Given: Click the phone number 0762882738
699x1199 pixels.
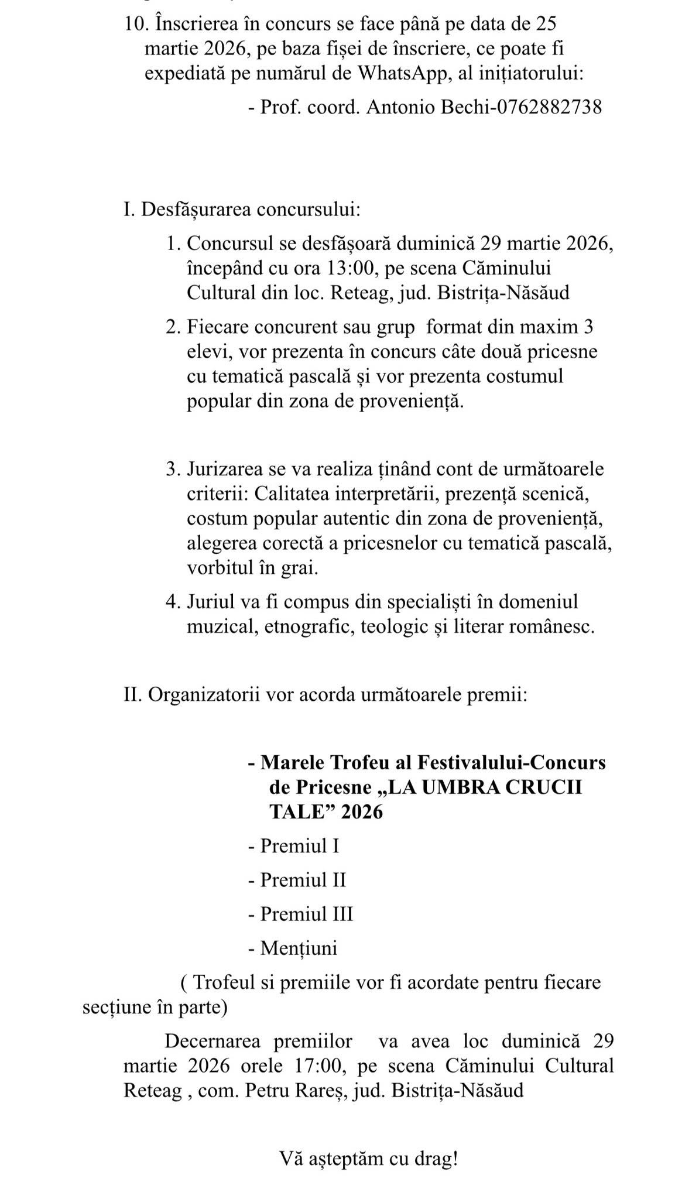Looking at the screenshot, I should coord(549,107).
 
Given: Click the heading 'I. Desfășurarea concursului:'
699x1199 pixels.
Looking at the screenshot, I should coord(242,209).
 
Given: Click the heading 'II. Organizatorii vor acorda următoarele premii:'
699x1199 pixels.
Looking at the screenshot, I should coord(325,695).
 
